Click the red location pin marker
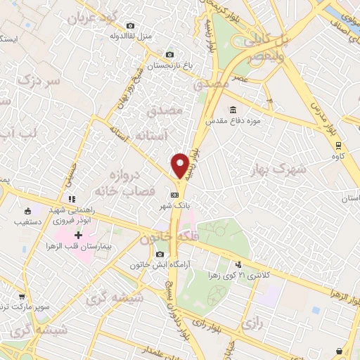pos(181,166)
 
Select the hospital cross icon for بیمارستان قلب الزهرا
pos(79,234)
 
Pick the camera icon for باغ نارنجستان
pos(169,54)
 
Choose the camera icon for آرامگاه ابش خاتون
pos(161,254)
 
